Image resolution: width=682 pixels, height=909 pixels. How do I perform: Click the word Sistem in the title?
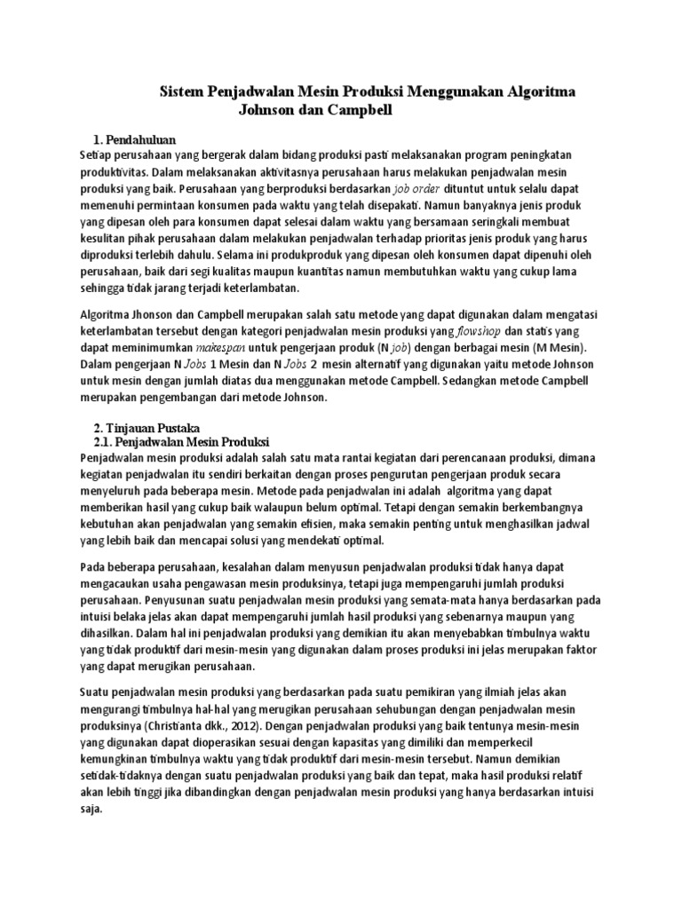point(181,92)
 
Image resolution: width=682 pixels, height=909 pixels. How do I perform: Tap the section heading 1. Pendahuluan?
point(135,139)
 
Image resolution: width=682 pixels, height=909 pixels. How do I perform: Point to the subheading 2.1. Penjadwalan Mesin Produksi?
point(180,442)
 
